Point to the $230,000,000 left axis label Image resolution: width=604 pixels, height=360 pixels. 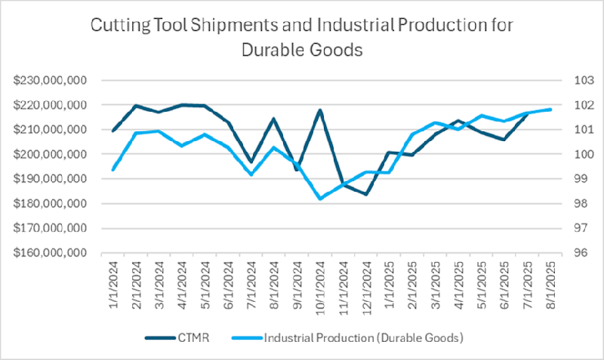click(x=52, y=81)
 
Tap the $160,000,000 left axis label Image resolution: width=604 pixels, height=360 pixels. click(x=52, y=253)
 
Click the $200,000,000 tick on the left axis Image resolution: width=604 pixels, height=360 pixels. click(x=52, y=155)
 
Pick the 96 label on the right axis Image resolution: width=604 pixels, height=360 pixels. click(x=566, y=253)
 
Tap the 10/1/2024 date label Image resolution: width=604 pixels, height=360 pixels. click(x=320, y=288)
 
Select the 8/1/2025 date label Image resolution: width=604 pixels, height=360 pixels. click(x=551, y=285)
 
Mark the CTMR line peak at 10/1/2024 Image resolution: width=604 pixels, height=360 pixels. click(x=320, y=110)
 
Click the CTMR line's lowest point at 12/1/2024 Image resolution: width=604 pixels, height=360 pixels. click(x=366, y=194)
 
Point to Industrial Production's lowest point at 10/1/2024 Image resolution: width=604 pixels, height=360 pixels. click(x=320, y=198)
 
